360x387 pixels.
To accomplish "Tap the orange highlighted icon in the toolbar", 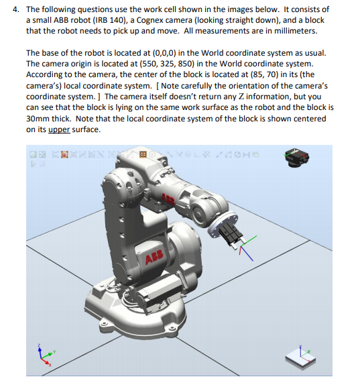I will (142, 156).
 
